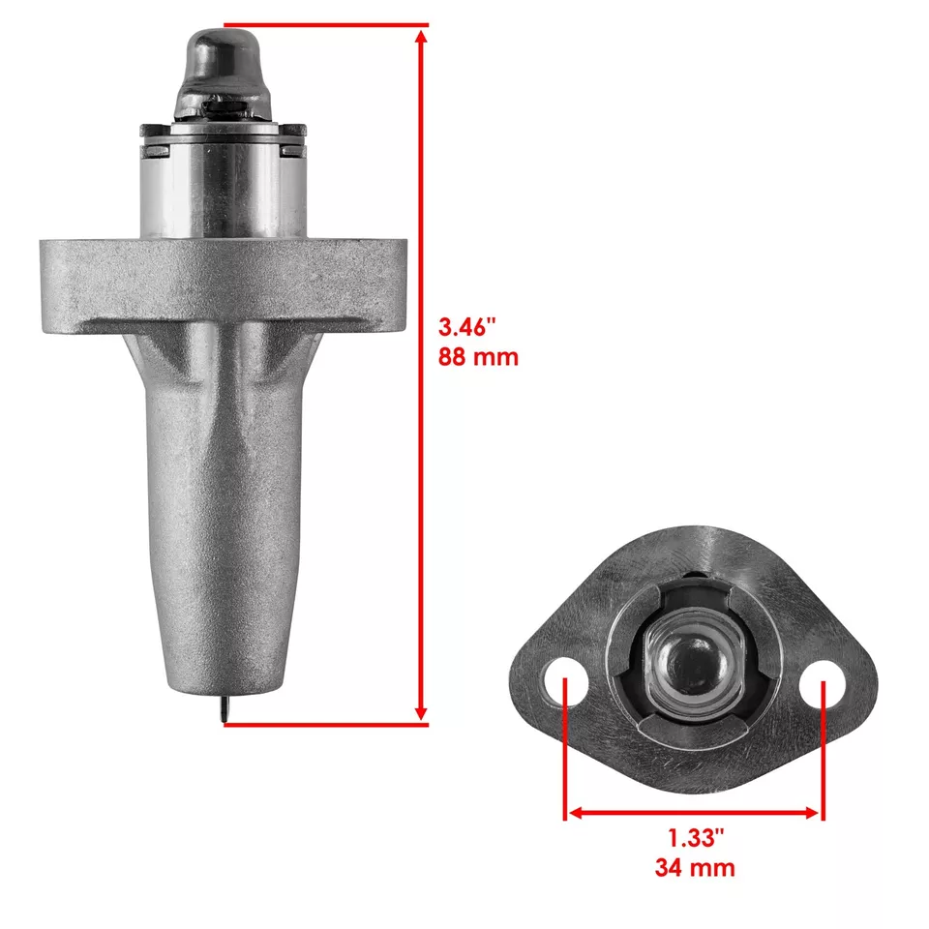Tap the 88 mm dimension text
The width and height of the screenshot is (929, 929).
[478, 356]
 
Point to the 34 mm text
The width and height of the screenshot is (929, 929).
[694, 867]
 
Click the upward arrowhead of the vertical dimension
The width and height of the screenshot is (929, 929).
[421, 37]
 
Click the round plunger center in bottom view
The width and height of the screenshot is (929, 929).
[693, 668]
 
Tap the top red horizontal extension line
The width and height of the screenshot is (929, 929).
[319, 24]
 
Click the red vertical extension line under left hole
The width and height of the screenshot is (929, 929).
[565, 764]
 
